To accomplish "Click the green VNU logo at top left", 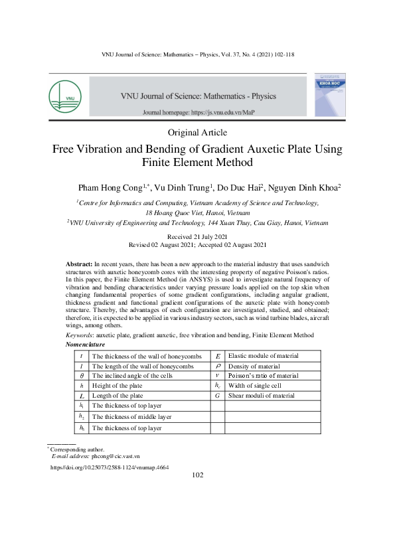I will tap(65, 96).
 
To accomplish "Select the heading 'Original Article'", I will tap(197, 133).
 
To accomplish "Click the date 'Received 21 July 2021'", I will tap(197, 237).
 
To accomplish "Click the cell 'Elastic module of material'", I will tap(263, 357).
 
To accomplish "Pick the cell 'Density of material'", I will tap(254, 366).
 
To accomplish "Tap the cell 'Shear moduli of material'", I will tap(261, 396).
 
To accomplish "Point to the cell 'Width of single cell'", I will tap(255, 386).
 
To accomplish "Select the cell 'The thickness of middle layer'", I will tap(131, 417).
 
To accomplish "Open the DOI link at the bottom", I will tap(110, 467).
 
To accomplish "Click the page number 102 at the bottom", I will tap(197, 475).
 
